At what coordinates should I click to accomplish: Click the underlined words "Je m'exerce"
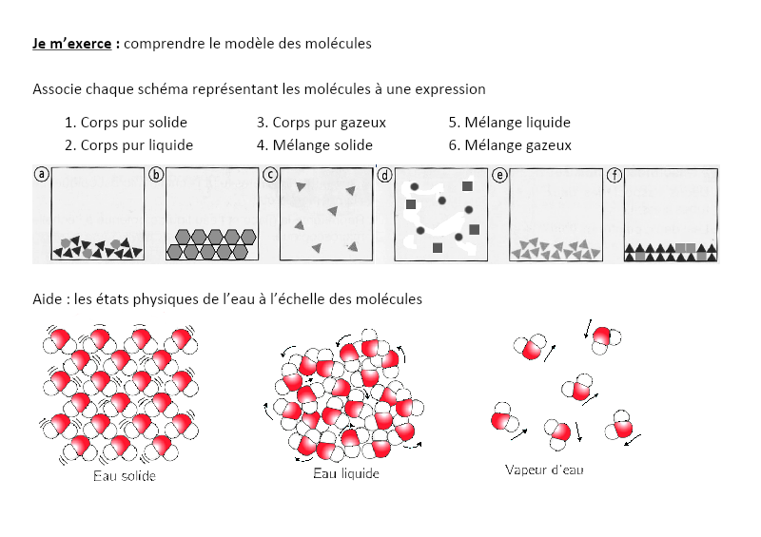point(73,44)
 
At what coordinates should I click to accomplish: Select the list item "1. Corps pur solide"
point(126,123)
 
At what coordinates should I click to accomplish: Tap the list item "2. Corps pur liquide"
point(128,145)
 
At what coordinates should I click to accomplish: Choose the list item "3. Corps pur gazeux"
point(321,123)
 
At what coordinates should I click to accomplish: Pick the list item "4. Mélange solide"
point(314,145)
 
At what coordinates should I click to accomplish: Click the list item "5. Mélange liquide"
point(509,123)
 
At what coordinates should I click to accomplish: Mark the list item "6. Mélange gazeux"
point(510,145)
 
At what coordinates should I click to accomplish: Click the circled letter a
point(41,174)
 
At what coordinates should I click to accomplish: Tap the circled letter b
point(156,174)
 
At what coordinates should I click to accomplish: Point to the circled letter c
point(270,174)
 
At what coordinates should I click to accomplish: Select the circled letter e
point(499,174)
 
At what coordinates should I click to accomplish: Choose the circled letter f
point(615,174)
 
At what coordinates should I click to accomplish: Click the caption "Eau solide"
point(125,475)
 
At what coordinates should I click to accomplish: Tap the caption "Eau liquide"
point(346,473)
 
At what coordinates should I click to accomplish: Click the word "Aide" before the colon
point(48,299)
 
